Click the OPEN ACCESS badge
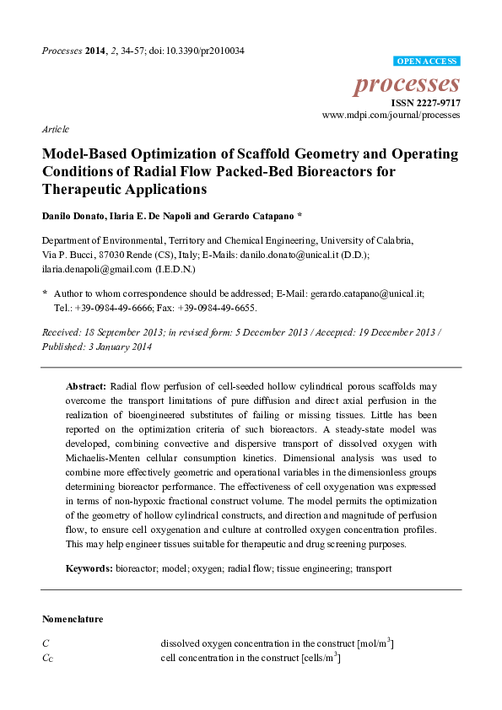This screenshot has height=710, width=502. click(x=427, y=62)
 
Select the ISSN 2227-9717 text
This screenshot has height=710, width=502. click(x=425, y=102)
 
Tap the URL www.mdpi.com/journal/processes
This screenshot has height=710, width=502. click(x=391, y=114)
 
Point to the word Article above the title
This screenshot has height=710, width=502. click(x=56, y=130)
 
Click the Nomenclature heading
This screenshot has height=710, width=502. click(x=73, y=619)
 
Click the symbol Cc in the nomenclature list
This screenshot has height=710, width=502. click(x=47, y=658)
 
